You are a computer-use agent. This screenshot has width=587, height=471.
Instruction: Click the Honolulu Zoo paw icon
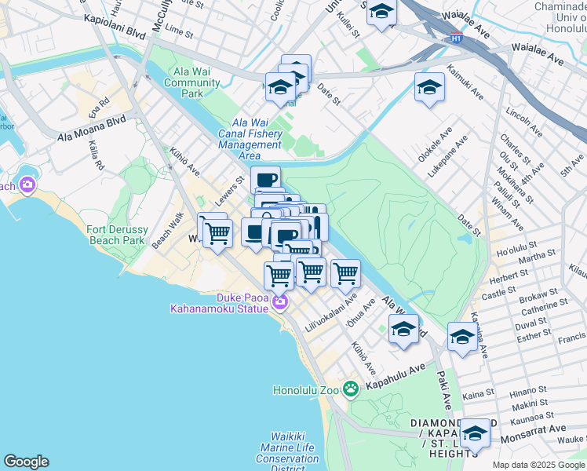coord(350,388)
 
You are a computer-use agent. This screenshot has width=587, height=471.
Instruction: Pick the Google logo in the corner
coord(26,462)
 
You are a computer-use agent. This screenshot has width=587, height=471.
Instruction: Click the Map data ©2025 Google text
coord(538,465)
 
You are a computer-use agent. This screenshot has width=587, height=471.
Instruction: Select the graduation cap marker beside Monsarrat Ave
coord(474,433)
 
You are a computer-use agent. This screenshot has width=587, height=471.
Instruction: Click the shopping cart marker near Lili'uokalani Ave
coord(345,274)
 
